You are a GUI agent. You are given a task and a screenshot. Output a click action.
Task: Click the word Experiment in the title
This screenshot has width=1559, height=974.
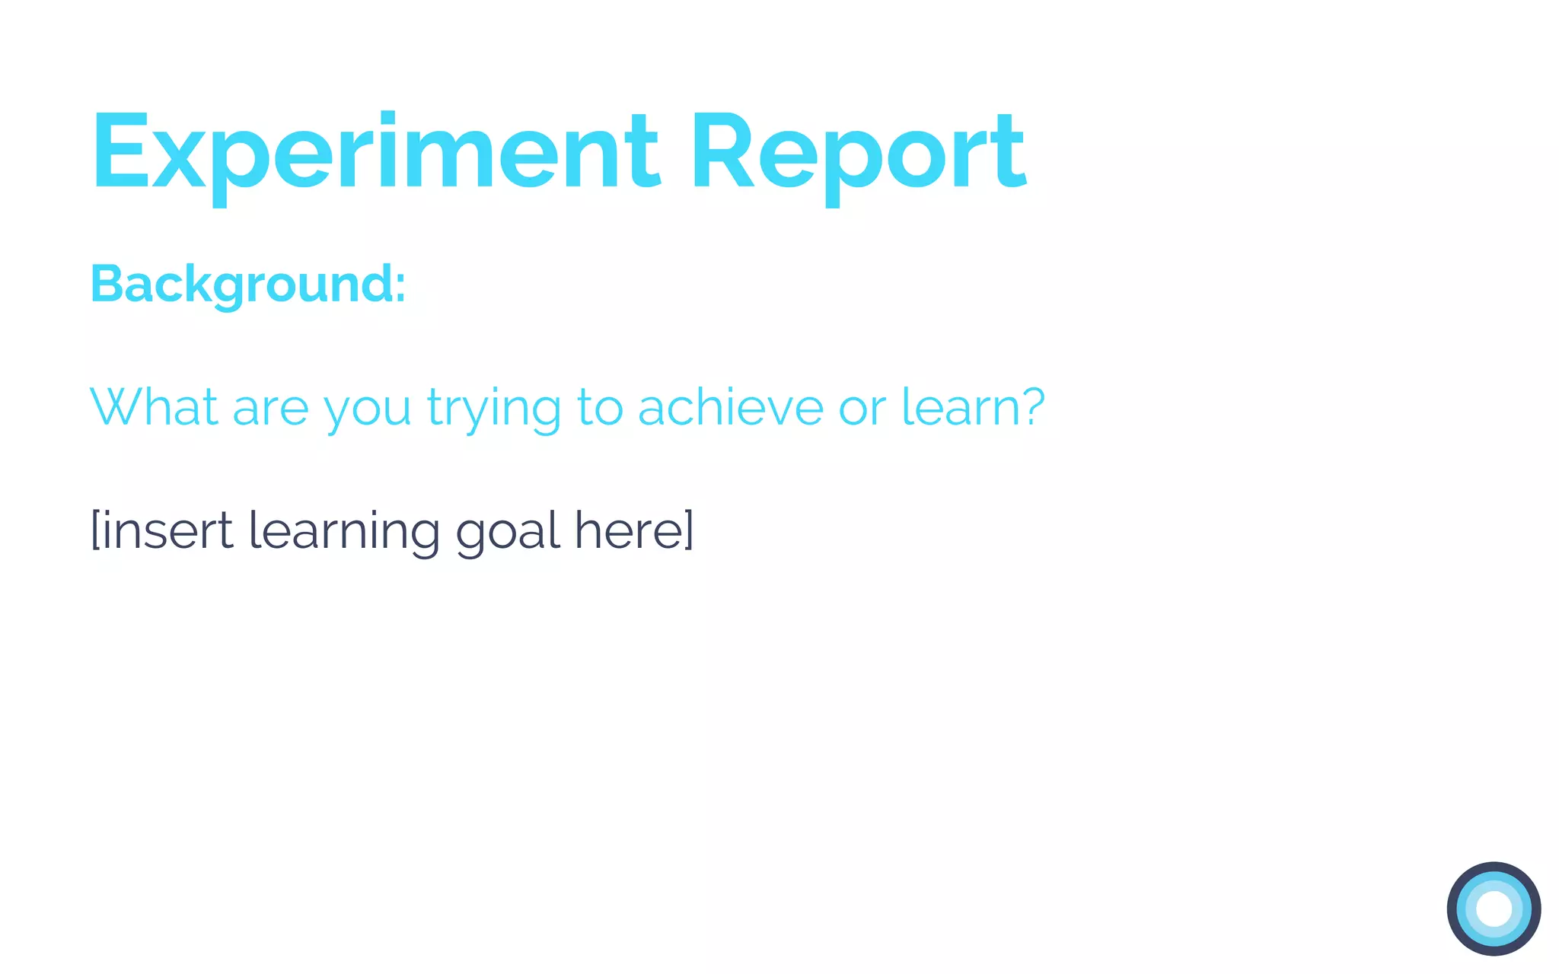[375, 152]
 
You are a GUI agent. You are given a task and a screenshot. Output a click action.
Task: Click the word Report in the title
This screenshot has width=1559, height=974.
[858, 152]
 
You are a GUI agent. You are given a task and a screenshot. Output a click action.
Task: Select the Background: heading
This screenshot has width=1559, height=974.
[248, 285]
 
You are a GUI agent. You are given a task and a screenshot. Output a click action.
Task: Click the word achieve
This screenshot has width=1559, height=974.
[730, 407]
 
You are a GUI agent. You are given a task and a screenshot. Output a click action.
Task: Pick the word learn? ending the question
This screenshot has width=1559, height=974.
[973, 407]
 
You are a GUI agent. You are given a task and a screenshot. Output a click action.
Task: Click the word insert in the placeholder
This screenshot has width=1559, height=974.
[167, 530]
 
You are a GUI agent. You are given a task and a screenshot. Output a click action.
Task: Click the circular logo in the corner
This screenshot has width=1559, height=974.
[1494, 909]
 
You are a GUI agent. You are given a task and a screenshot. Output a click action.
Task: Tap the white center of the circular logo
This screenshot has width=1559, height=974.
[1494, 909]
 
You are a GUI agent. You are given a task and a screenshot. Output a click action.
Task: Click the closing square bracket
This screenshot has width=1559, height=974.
[689, 530]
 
